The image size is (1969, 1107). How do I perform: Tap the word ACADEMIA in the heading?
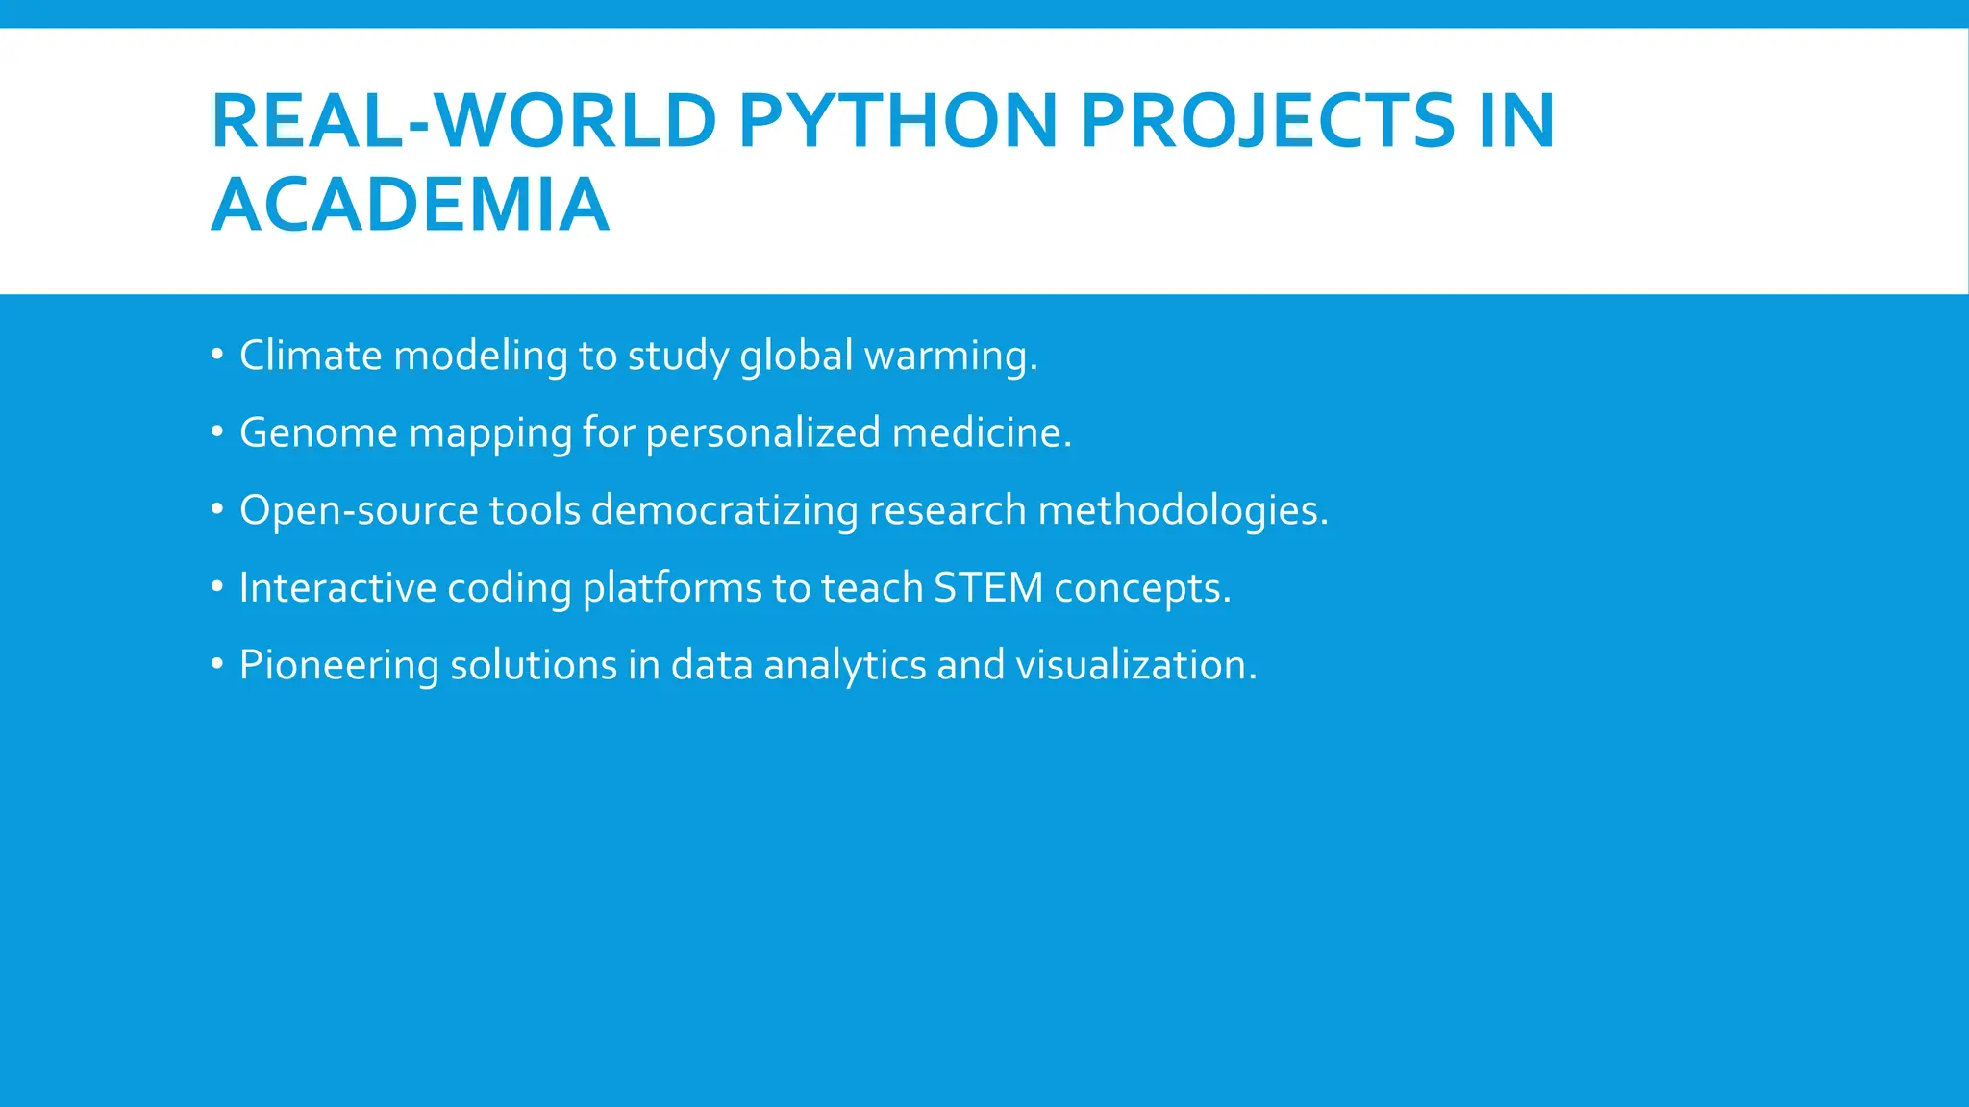point(410,205)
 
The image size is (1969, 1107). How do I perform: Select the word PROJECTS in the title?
point(1267,121)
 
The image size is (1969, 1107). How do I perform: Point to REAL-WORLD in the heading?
point(463,121)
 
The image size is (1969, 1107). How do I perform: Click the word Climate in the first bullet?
point(311,356)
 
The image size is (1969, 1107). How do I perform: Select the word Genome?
point(318,433)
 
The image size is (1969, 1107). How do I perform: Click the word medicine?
point(981,432)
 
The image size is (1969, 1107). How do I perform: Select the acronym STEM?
point(988,588)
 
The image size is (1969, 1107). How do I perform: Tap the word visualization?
point(1135,665)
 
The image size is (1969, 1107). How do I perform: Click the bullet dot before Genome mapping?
point(217,432)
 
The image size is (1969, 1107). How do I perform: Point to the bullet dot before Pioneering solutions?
point(217,664)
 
